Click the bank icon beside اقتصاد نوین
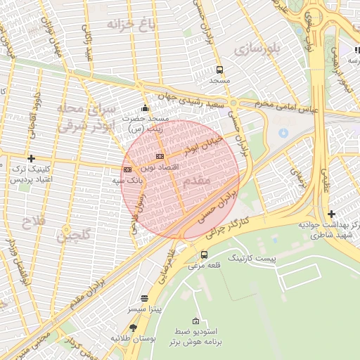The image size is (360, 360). click(160, 156)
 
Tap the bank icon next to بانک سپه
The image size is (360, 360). click(127, 169)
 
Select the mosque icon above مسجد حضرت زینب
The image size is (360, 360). click(145, 108)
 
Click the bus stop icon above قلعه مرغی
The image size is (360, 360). click(204, 255)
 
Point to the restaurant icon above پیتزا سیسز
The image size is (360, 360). click(145, 298)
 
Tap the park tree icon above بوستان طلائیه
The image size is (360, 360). click(134, 328)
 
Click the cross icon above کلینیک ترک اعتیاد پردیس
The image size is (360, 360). click(30, 159)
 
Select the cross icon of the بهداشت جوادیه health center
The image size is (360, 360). click(331, 214)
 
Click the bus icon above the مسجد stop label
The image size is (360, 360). click(220, 70)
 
